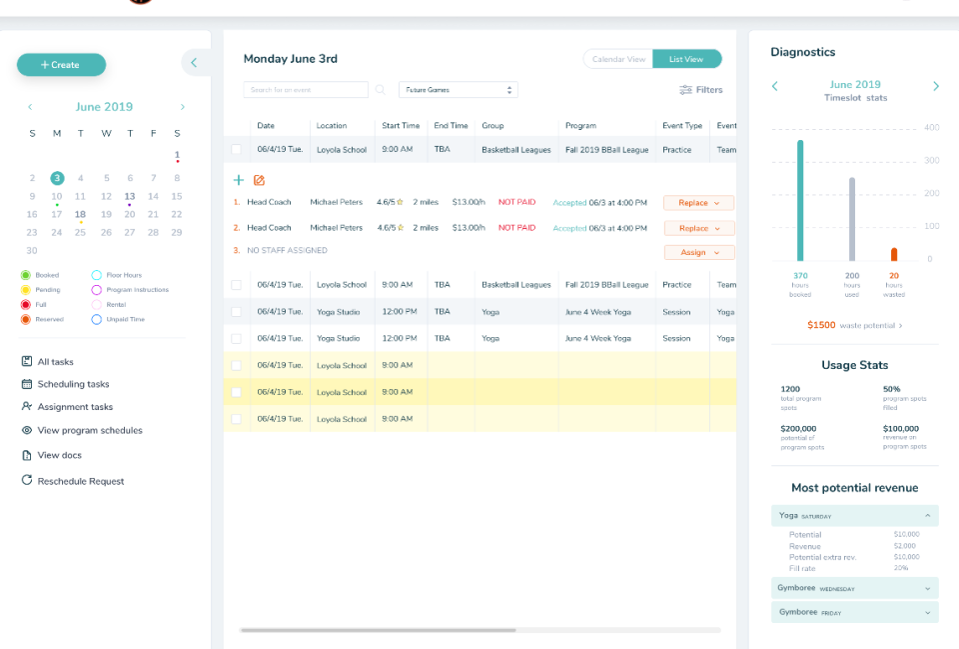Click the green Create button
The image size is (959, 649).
pyautogui.click(x=61, y=65)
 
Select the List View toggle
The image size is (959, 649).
pyautogui.click(x=686, y=59)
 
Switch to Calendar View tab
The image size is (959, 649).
pyautogui.click(x=618, y=59)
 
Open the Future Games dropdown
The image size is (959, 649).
pyautogui.click(x=458, y=90)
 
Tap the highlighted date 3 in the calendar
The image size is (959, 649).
pyautogui.click(x=57, y=178)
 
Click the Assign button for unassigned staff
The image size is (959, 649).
pyautogui.click(x=698, y=253)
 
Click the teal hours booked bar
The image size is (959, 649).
pyautogui.click(x=800, y=200)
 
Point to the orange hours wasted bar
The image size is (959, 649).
pyautogui.click(x=893, y=254)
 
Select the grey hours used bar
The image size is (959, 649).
pyautogui.click(x=852, y=219)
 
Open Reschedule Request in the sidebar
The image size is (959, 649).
pyautogui.click(x=80, y=481)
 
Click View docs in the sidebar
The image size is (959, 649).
pyautogui.click(x=59, y=455)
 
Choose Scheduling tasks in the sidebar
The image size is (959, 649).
pyautogui.click(x=73, y=384)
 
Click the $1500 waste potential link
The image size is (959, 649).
pyautogui.click(x=854, y=325)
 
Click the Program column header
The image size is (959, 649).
pyautogui.click(x=580, y=126)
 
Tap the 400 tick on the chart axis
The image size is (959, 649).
pyautogui.click(x=931, y=128)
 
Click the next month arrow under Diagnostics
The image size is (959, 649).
pyautogui.click(x=935, y=86)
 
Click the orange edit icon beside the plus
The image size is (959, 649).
pyautogui.click(x=259, y=180)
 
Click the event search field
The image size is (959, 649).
pyautogui.click(x=306, y=90)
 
